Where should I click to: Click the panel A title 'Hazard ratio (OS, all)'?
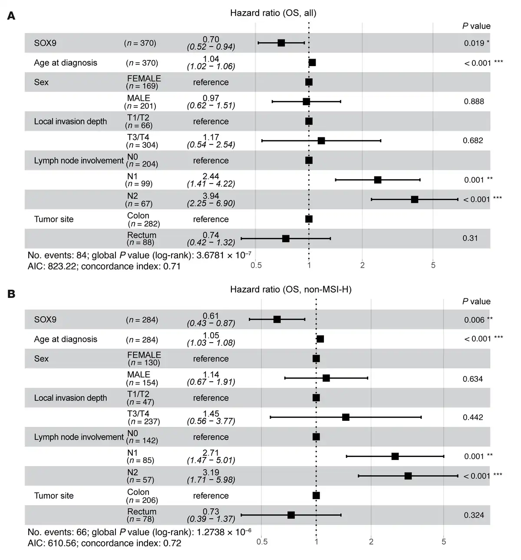273,13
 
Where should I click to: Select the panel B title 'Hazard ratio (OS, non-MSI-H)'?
290,289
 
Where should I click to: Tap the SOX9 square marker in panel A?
281,43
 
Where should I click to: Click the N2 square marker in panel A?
414,200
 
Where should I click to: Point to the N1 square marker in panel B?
395,456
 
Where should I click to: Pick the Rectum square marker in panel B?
291,515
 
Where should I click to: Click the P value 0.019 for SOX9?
474,43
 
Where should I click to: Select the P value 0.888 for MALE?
474,101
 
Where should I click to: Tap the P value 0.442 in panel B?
472,417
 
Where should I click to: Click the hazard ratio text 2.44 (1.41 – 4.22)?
211,180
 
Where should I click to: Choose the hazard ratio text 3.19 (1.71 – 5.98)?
211,476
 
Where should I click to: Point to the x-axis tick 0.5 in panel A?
256,265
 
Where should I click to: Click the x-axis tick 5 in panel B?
444,542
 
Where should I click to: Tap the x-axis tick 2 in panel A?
362,265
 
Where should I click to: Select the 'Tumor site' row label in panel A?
53,219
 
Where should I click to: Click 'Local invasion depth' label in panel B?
70,397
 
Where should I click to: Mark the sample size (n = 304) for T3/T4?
142,145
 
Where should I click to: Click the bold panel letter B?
11,294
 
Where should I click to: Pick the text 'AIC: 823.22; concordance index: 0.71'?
104,266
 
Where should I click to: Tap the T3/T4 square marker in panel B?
346,417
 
